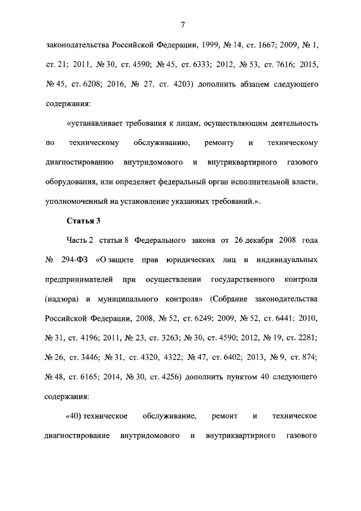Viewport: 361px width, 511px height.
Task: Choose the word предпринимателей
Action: point(77,281)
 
